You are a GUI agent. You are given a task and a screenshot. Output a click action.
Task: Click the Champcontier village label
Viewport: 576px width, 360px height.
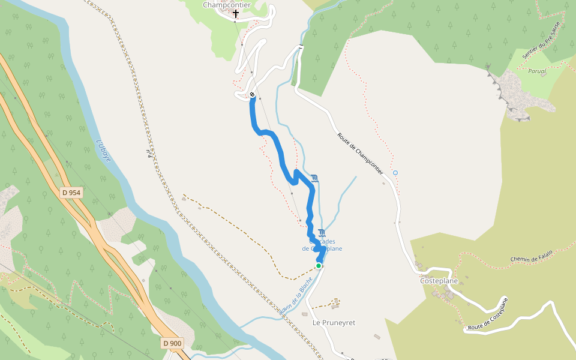click(227, 5)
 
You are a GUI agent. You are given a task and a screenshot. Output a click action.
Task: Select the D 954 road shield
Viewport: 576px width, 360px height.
click(71, 193)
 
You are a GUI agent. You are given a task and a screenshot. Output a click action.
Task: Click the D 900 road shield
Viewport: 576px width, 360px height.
click(172, 343)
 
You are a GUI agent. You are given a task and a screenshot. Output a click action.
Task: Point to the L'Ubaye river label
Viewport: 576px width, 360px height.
click(103, 151)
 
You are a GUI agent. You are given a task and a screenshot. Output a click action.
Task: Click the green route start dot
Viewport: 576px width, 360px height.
click(319, 265)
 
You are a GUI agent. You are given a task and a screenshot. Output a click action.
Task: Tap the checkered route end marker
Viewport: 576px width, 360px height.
click(253, 95)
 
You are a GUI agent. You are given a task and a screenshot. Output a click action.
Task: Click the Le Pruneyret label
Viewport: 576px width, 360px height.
click(334, 323)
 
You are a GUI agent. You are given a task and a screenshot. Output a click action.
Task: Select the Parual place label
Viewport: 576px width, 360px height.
click(537, 71)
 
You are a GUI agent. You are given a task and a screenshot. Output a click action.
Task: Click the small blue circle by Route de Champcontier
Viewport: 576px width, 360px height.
click(395, 173)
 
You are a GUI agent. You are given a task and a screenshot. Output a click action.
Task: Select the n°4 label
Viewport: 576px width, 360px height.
click(148, 154)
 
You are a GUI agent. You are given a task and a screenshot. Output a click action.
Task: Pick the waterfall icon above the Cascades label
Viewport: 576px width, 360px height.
click(323, 233)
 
